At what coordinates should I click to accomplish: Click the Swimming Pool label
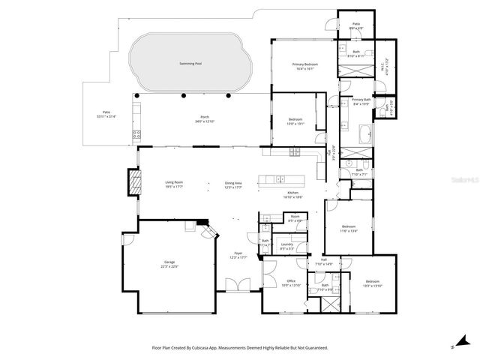189,64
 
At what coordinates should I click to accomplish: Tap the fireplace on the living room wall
134,181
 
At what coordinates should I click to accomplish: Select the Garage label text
169,262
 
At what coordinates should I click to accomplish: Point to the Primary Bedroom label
305,64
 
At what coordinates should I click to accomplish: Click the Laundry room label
286,244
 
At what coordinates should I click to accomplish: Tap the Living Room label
174,183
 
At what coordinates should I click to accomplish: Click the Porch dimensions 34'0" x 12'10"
205,121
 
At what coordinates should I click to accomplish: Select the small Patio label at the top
357,24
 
